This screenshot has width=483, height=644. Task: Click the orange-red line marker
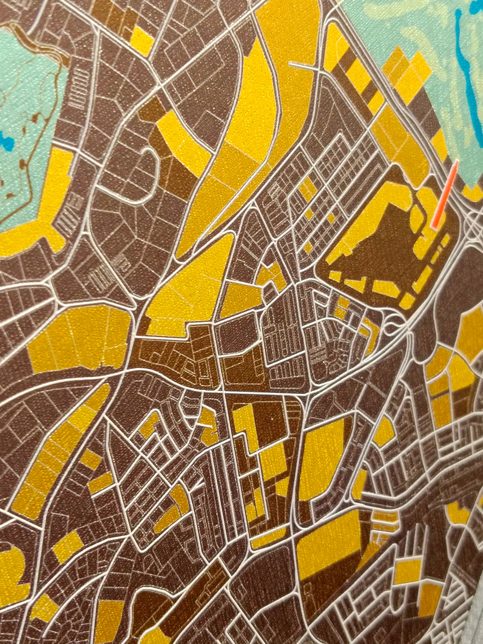click(x=445, y=194)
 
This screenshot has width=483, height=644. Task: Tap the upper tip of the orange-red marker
click(x=456, y=162)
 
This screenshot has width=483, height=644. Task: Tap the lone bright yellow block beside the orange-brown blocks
click(x=142, y=40)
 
